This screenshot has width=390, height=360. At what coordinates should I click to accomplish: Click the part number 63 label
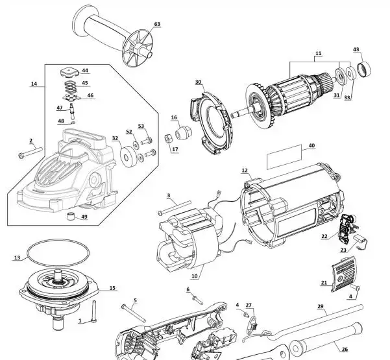tap(157, 24)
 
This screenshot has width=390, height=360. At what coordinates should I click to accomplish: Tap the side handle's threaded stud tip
tap(150, 54)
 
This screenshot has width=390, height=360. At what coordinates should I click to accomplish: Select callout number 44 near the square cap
tap(85, 70)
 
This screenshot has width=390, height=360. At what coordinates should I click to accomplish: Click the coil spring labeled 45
tap(71, 87)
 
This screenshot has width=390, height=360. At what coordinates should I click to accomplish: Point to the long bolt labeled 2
tap(30, 152)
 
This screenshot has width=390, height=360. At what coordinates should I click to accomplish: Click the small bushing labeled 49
tap(71, 216)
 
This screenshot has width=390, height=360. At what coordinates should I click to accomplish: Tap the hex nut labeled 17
tap(168, 138)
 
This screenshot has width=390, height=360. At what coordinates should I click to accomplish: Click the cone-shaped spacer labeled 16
tap(184, 132)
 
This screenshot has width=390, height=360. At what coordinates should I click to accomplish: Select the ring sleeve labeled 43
tap(364, 69)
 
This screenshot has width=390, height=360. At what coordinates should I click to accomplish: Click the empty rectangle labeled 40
tap(284, 157)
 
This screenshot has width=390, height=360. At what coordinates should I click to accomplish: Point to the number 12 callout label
tap(245, 171)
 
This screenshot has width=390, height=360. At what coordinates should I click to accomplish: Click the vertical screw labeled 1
tap(94, 312)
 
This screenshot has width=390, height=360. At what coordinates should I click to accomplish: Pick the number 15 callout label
tap(112, 288)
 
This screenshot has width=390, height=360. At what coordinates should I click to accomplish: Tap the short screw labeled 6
tap(197, 300)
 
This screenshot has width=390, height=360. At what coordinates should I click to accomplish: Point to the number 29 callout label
tap(321, 306)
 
